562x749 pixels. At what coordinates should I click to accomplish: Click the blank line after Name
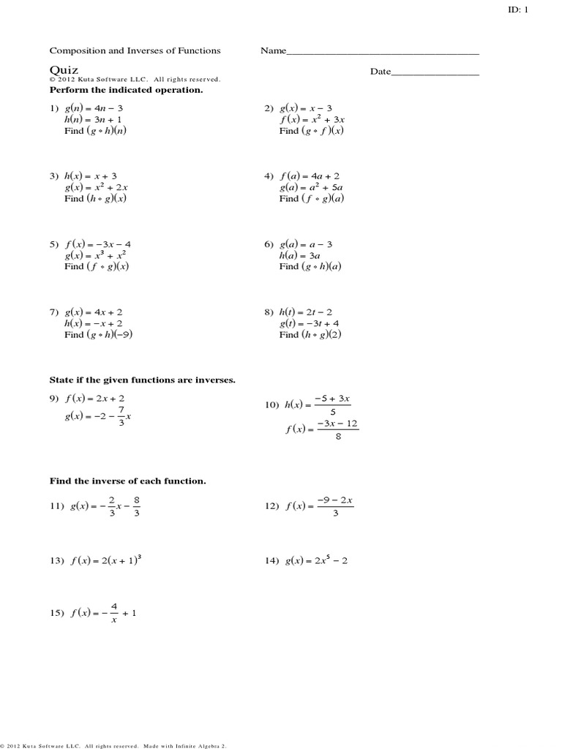point(383,53)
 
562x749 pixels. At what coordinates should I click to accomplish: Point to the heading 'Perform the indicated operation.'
point(126,89)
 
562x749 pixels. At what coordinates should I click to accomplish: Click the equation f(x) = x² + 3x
point(314,119)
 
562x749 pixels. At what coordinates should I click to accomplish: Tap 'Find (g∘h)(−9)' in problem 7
point(98,334)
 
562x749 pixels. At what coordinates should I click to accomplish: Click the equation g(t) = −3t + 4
point(309,323)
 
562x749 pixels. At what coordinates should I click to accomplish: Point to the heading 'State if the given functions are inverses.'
point(142,380)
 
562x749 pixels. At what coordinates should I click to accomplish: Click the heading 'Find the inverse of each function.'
point(127,481)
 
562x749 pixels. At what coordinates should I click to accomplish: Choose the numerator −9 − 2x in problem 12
point(335,500)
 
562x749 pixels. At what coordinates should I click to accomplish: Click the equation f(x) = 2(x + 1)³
point(107,561)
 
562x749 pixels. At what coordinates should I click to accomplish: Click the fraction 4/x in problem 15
point(113,613)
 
